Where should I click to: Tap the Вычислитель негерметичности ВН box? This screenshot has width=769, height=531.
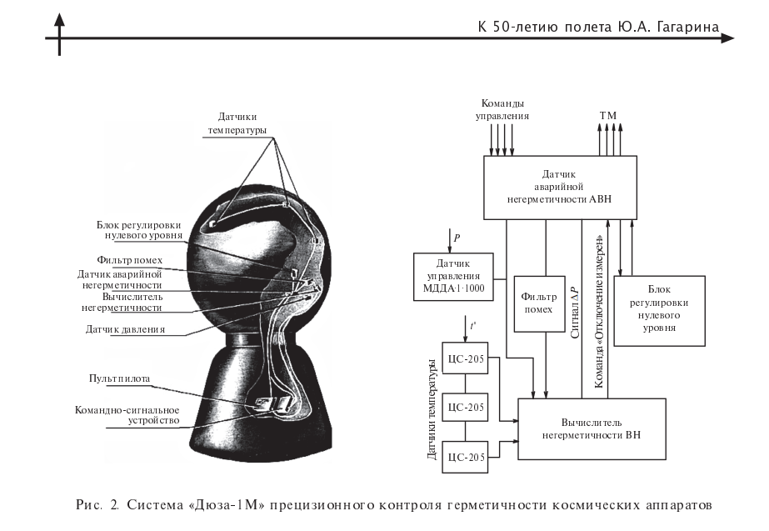[592, 428]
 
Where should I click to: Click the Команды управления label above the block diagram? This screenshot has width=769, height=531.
[502, 110]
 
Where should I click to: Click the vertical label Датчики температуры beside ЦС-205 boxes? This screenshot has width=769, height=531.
[432, 409]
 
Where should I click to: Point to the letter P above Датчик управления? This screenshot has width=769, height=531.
[456, 238]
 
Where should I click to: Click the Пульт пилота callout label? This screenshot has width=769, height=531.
[119, 378]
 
